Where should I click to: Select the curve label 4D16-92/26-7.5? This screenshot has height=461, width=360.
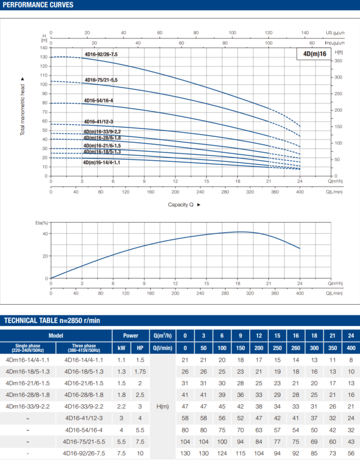tap(101, 55)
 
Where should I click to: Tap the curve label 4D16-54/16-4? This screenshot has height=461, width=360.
tap(98, 101)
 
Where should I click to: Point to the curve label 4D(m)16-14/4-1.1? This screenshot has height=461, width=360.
tap(101, 162)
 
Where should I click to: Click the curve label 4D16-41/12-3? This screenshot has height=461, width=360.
tap(98, 122)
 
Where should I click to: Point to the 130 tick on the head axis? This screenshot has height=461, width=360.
tap(43, 57)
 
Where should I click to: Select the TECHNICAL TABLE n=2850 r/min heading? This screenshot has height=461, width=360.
tap(52, 320)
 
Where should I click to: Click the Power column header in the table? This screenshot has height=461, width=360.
tap(130, 335)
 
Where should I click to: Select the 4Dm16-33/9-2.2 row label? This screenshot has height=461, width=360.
tap(28, 406)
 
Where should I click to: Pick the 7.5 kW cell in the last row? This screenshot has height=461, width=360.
tap(121, 453)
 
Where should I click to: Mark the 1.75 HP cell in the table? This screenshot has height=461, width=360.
tap(139, 371)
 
